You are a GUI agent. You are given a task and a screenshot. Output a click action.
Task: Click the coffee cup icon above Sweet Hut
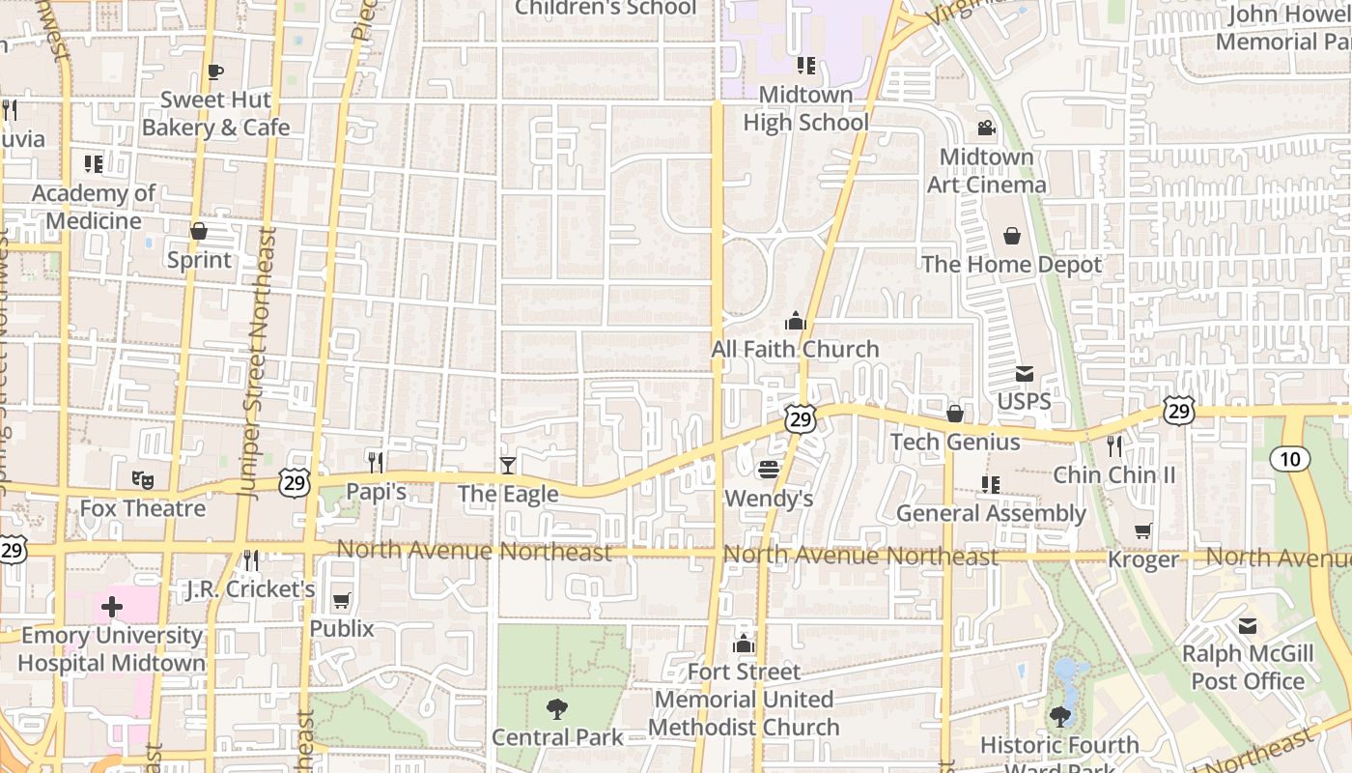click(214, 72)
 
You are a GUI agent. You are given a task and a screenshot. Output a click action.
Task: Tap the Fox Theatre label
click(142, 508)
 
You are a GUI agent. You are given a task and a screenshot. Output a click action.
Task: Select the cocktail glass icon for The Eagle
click(508, 466)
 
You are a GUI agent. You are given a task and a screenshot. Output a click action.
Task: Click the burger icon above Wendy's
click(769, 471)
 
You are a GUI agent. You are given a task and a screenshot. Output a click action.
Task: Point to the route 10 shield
click(1290, 458)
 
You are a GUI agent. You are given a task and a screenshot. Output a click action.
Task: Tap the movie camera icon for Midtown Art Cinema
click(986, 128)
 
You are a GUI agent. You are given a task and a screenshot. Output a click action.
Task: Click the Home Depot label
click(1011, 265)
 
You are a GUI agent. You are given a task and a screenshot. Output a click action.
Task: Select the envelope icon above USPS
click(1024, 374)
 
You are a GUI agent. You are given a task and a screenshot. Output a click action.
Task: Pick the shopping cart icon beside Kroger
click(1143, 530)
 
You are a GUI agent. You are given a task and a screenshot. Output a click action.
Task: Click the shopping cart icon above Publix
click(341, 601)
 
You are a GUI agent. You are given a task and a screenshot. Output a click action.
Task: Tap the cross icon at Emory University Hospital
click(112, 608)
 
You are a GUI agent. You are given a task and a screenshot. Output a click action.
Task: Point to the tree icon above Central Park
click(557, 709)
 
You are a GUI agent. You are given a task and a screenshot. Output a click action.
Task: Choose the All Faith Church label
click(795, 349)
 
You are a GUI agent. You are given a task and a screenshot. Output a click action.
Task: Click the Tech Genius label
click(955, 442)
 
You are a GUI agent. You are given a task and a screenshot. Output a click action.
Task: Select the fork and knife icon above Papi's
click(376, 463)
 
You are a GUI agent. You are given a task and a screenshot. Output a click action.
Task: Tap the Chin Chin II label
click(1113, 474)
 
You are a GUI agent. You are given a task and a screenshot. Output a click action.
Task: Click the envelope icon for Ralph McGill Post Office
click(1248, 626)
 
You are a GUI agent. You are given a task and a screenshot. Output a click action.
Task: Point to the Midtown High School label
click(805, 108)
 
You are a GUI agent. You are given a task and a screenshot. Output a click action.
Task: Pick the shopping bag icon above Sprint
click(199, 231)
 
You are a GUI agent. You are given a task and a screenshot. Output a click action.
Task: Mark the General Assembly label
click(991, 513)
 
